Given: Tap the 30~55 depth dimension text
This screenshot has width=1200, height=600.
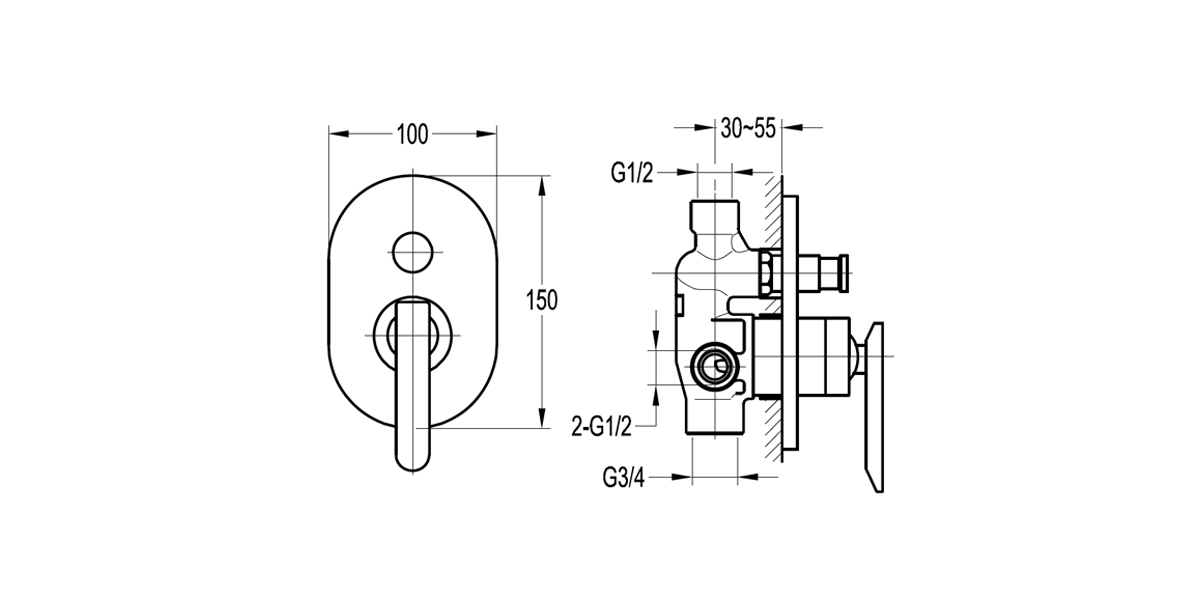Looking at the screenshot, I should (x=749, y=128).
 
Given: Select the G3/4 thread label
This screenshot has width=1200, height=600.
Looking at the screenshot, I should (x=624, y=477).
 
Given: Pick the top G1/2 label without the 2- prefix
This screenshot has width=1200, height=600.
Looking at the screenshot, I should (x=632, y=173).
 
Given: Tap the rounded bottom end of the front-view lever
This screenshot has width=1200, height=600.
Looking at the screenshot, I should (x=412, y=454).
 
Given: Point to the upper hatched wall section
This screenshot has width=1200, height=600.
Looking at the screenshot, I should (x=771, y=210).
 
